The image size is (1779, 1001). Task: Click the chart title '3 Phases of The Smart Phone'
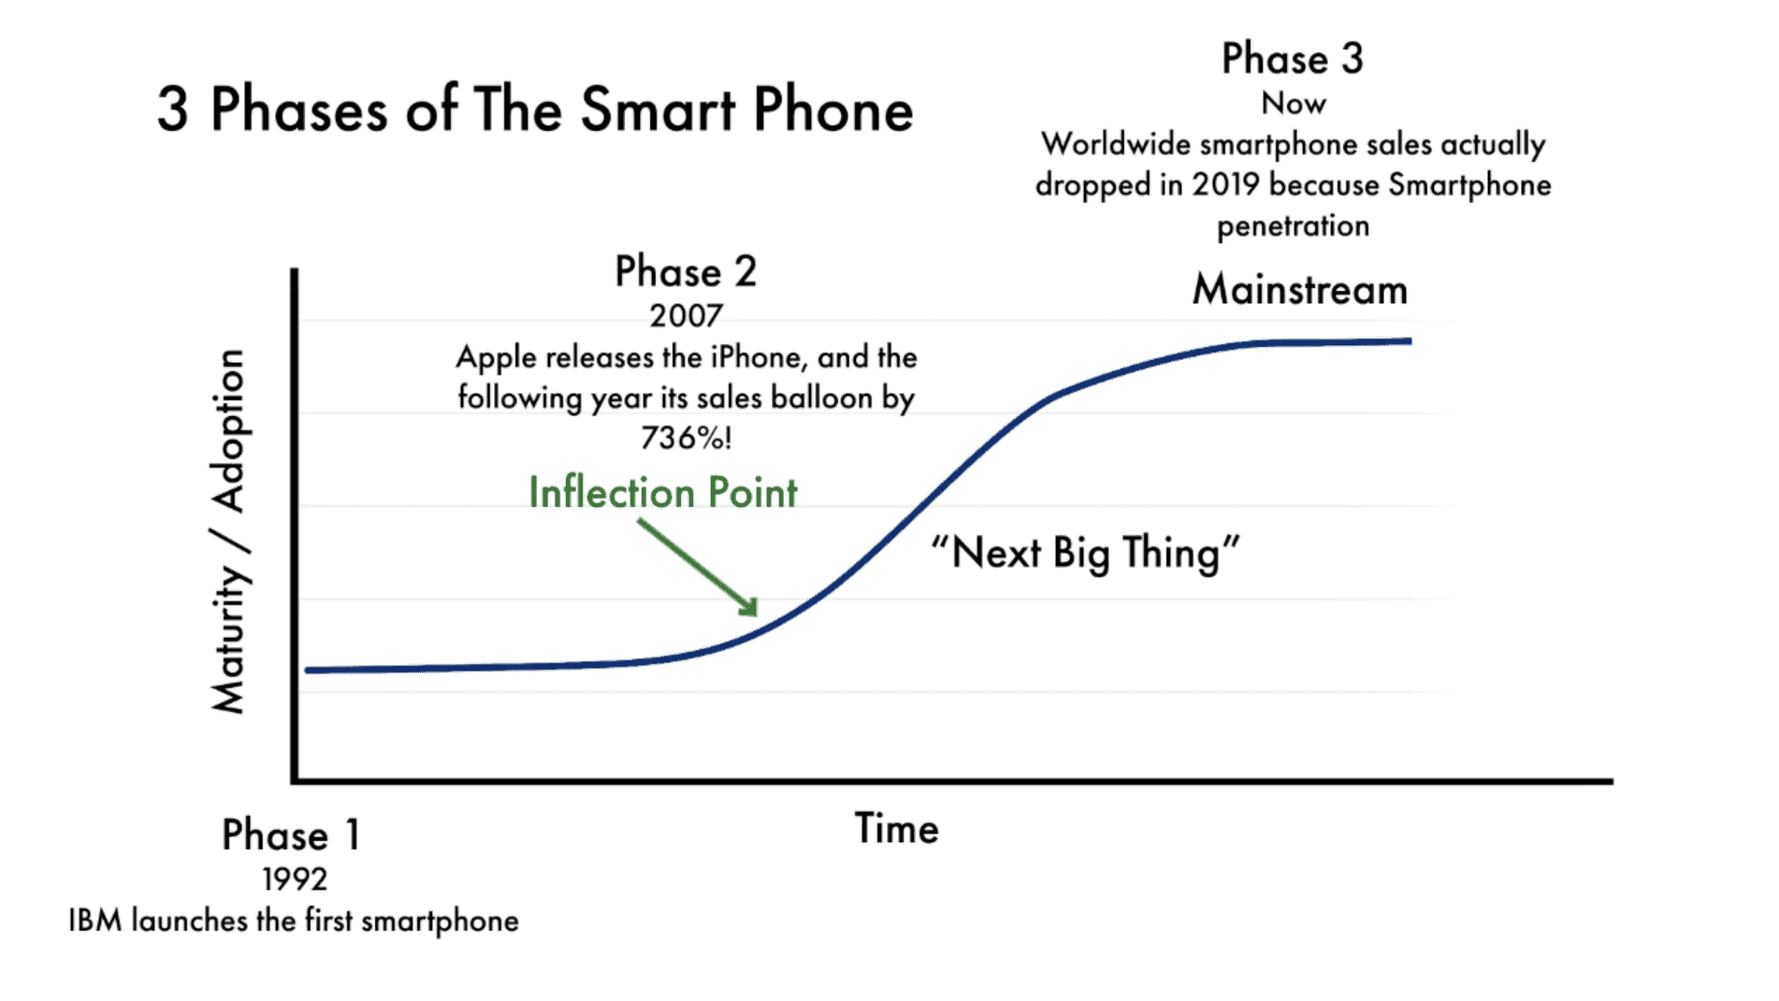[535, 109]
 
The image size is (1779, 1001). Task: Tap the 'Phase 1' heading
[291, 834]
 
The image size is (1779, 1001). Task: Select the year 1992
[295, 879]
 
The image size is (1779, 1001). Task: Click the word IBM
[95, 921]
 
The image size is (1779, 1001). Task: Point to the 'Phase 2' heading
[686, 272]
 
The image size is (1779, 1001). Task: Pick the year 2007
[686, 316]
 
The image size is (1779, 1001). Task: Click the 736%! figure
[686, 437]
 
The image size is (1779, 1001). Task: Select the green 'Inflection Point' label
[662, 493]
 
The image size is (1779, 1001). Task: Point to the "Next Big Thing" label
[1085, 553]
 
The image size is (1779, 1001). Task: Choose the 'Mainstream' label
[1299, 290]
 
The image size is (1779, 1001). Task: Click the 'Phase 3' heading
[1293, 59]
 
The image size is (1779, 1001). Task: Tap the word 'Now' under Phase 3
[1293, 103]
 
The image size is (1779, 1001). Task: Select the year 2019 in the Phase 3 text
[1225, 185]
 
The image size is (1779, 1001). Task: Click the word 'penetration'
[1293, 226]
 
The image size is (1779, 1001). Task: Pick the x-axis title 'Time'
[896, 829]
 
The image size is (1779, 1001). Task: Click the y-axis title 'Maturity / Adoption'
[229, 531]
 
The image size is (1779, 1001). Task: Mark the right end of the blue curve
[1409, 341]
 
